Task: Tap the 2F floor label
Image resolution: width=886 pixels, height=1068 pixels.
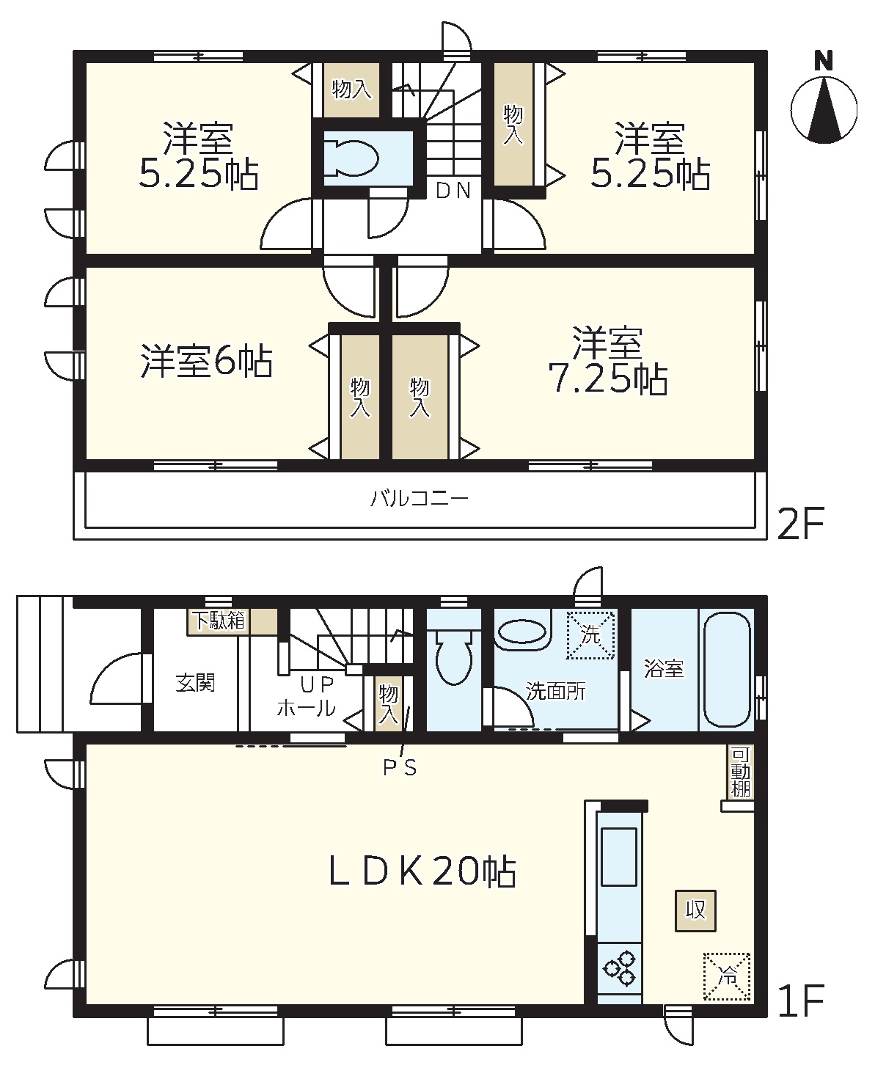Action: (x=801, y=523)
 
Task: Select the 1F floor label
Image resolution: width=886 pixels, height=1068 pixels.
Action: (x=801, y=1001)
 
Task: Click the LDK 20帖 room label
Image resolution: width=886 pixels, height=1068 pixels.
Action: (x=422, y=872)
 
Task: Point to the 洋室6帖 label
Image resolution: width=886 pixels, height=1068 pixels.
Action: (x=206, y=361)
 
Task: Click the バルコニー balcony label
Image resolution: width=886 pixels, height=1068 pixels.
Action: (x=419, y=497)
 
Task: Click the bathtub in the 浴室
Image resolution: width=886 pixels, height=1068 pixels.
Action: (x=726, y=670)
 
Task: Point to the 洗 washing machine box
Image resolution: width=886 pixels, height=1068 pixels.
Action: (x=590, y=634)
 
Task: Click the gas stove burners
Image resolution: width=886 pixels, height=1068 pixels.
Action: (x=620, y=968)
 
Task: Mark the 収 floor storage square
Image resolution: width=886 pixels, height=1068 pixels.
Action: (x=695, y=911)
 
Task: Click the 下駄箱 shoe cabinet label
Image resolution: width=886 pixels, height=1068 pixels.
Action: (x=219, y=621)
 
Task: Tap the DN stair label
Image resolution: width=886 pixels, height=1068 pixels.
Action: (x=453, y=191)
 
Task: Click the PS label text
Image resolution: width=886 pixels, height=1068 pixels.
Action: (x=400, y=767)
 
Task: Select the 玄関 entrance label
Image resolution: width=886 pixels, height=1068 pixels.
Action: (x=195, y=683)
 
